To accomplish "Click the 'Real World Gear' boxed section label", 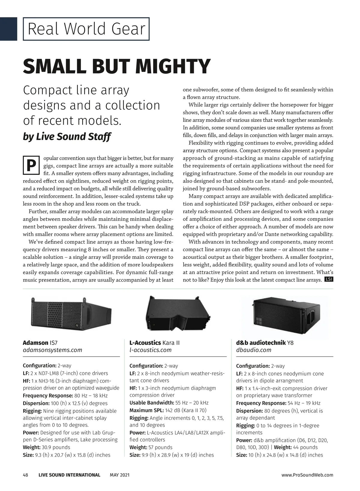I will tap(86, 29).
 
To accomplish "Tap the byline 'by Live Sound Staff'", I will tap(67, 137).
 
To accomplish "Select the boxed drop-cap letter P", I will tap(31, 165).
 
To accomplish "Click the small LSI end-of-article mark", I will tap(329, 280).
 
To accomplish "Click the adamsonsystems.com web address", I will tap(52, 350).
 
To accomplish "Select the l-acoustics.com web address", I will tap(150, 350).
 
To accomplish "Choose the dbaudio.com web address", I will tap(253, 350).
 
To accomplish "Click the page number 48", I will tap(25, 475).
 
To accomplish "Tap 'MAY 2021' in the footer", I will tap(120, 475).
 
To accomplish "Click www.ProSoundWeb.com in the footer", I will tap(307, 475).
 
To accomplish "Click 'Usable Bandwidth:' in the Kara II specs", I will tap(151, 403).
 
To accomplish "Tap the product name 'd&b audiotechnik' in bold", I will tap(261, 343).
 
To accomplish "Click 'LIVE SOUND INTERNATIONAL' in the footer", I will tap(69, 475).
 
